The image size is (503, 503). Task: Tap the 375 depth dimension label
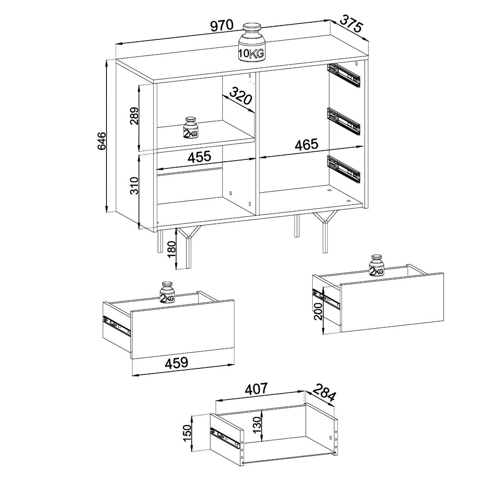pyautogui.click(x=351, y=24)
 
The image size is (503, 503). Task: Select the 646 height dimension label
pyautogui.click(x=101, y=141)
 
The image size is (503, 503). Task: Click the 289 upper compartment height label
pyautogui.click(x=134, y=116)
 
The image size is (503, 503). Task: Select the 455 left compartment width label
pyautogui.click(x=199, y=157)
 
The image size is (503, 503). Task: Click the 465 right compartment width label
pyautogui.click(x=307, y=144)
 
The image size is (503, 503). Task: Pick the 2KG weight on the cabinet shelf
pyautogui.click(x=191, y=128)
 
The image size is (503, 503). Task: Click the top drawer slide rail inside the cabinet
pyautogui.click(x=344, y=75)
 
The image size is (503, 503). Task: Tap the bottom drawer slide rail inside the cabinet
pyautogui.click(x=344, y=169)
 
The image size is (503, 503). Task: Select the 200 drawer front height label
pyautogui.click(x=318, y=311)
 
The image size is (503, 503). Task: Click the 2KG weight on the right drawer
pyautogui.click(x=376, y=265)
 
